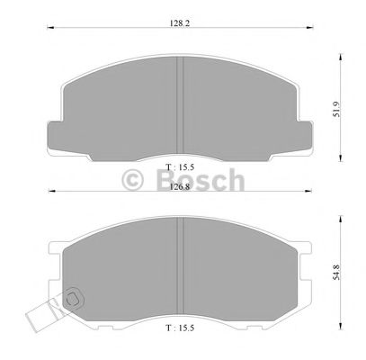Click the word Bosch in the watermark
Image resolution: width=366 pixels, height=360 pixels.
[x=208, y=180]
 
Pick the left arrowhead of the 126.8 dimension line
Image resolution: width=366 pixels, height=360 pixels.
[x=50, y=195]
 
